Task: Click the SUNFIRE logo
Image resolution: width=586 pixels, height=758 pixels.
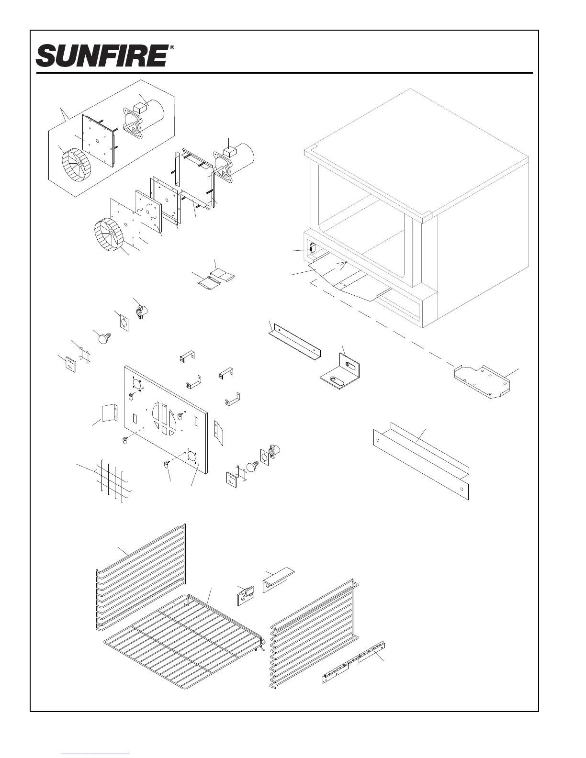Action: click(x=101, y=56)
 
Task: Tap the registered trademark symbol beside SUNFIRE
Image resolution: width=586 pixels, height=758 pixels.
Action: click(x=172, y=48)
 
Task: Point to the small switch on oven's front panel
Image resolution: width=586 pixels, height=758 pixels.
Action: click(x=312, y=248)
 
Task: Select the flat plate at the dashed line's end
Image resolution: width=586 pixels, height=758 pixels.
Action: click(x=483, y=381)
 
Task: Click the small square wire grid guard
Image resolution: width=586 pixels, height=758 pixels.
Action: click(x=113, y=481)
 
